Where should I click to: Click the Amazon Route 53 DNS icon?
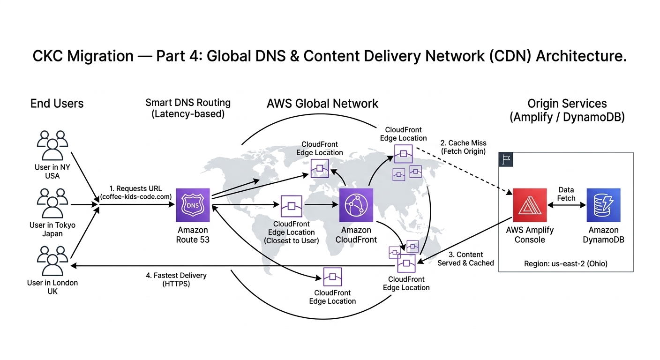click(x=193, y=205)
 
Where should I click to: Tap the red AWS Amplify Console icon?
click(x=530, y=205)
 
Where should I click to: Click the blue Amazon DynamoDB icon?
click(x=603, y=205)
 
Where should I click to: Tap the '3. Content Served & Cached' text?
click(x=465, y=259)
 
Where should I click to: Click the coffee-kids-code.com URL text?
click(x=135, y=197)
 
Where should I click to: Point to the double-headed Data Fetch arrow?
click(x=566, y=205)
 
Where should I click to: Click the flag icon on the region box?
click(x=506, y=159)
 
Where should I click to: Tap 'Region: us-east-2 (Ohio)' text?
click(x=565, y=263)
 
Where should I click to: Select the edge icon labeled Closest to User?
click(x=291, y=206)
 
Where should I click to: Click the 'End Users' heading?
click(x=57, y=104)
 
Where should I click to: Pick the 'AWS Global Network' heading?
click(x=322, y=103)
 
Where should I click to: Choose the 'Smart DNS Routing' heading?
click(x=188, y=103)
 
